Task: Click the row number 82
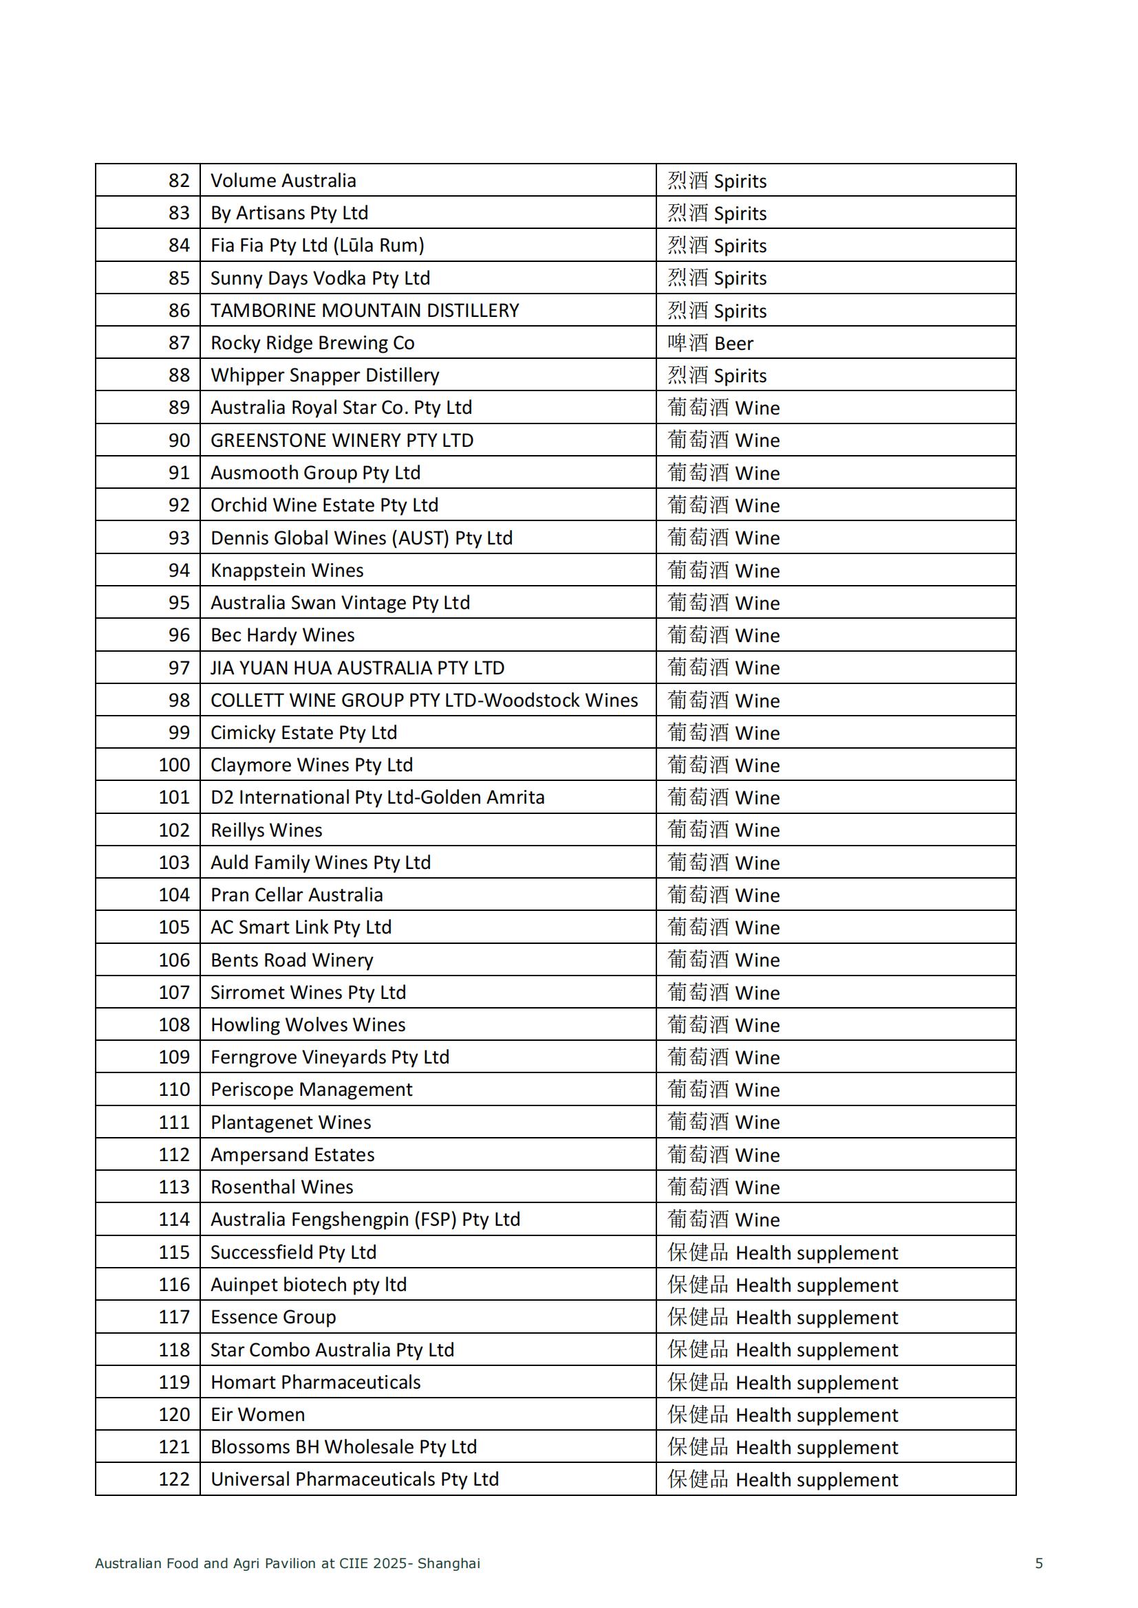pos(179,181)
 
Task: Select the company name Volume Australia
pos(283,181)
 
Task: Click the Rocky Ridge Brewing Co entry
pos(312,343)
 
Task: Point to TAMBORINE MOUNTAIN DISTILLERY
pos(365,310)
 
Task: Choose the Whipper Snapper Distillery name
pos(325,375)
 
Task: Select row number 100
pos(174,764)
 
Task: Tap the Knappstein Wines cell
pos(287,570)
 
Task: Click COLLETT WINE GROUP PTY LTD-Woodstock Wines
pos(424,701)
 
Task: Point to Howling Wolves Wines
pos(308,1024)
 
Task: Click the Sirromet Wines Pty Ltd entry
pos(308,993)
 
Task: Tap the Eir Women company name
pos(257,1415)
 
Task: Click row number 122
pos(174,1479)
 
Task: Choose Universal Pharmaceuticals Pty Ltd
pos(354,1479)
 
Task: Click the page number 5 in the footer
pos(1039,1563)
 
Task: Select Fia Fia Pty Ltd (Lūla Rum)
pos(317,245)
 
